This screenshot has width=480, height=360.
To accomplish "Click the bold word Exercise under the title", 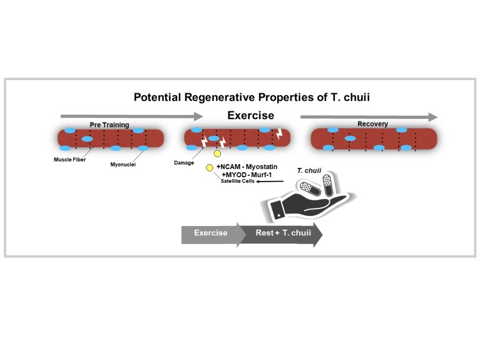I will coord(250,116).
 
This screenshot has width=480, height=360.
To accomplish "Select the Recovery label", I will coord(372,124).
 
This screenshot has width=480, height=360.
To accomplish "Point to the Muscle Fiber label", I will coord(69,159).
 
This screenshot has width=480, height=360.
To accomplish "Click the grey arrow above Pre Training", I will coord(131,116).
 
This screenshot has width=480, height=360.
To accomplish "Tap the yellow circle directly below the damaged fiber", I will coord(217,153).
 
